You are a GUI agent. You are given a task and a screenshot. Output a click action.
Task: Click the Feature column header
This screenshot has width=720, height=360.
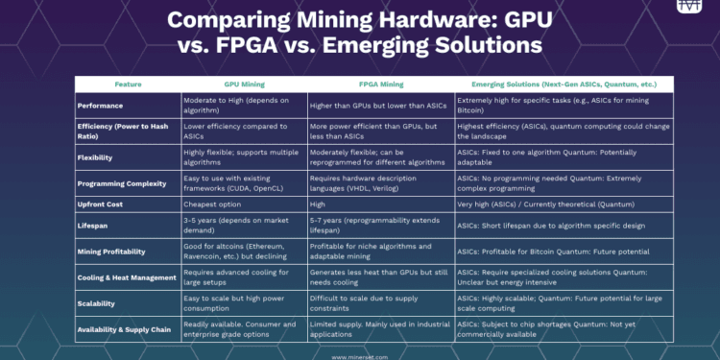pos(128,84)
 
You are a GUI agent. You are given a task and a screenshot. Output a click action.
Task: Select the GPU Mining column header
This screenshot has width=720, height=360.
pos(243,84)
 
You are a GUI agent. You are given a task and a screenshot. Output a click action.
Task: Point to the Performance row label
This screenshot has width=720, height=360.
pos(103,104)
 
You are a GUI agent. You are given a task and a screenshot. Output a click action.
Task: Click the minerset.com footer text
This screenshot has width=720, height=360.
pos(360,354)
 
